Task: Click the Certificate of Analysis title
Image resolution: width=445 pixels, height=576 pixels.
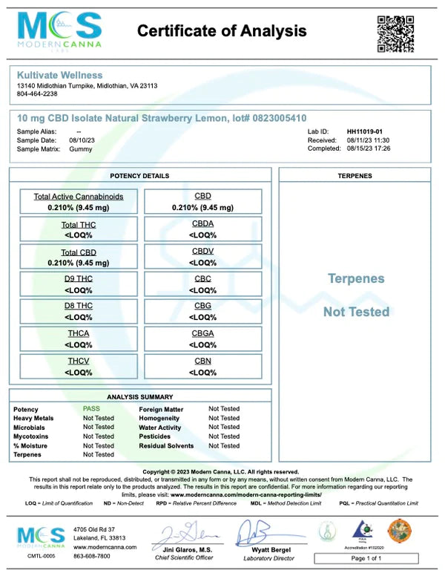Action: (x=222, y=31)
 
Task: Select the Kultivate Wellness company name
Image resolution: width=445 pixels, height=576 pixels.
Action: (x=59, y=75)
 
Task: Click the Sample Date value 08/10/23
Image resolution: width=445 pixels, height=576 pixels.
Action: (x=83, y=140)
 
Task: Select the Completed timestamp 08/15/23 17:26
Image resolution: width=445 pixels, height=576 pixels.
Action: (x=369, y=148)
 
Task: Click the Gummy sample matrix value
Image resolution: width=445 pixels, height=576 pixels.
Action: (x=81, y=148)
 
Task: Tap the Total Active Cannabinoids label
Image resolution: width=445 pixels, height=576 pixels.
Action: (x=79, y=197)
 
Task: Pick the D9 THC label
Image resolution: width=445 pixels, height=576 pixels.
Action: (x=79, y=278)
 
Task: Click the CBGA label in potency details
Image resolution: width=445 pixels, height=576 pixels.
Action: (x=202, y=333)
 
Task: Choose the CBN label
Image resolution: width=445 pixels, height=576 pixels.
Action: (x=202, y=361)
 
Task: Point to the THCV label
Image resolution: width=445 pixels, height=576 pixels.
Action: (x=79, y=361)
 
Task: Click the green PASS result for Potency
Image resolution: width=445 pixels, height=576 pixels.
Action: (x=92, y=409)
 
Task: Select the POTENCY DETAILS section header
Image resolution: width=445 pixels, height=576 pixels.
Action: (x=139, y=176)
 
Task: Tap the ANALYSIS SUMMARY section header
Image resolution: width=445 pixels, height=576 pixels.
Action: (x=140, y=397)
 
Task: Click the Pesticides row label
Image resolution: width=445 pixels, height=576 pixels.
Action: (x=156, y=436)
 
